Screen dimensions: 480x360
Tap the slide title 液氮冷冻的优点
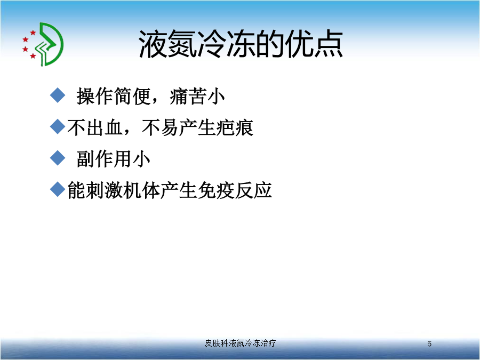[241, 44]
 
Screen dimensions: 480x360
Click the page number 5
[429, 344]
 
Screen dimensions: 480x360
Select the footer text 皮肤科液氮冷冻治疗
[240, 343]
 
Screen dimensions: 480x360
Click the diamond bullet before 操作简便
[58, 95]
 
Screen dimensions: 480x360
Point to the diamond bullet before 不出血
[58, 126]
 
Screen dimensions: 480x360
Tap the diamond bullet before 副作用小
[58, 158]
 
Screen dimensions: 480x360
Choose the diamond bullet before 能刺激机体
[58, 189]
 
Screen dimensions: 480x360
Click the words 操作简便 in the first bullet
[114, 96]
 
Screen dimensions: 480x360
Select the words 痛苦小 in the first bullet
[197, 96]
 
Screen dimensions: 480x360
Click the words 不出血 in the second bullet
[95, 127]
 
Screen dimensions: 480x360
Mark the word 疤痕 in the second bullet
[235, 127]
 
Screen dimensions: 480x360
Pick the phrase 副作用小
[113, 159]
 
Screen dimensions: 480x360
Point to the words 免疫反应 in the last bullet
[235, 190]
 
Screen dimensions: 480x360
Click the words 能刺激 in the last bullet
[95, 190]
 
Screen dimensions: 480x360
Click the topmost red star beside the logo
[33, 33]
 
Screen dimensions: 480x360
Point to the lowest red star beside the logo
[33, 55]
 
